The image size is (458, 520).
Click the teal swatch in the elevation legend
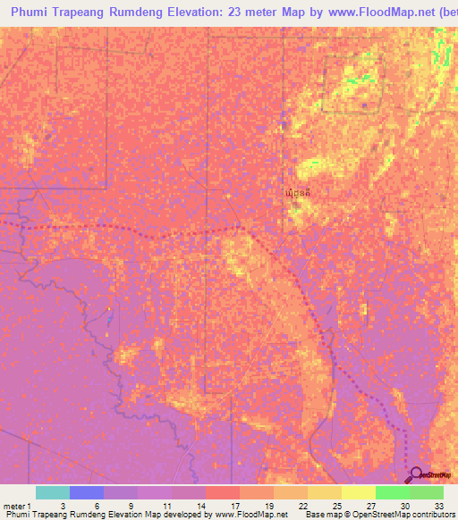click(52, 492)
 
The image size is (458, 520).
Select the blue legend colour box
click(86, 492)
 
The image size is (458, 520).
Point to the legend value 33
click(439, 505)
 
